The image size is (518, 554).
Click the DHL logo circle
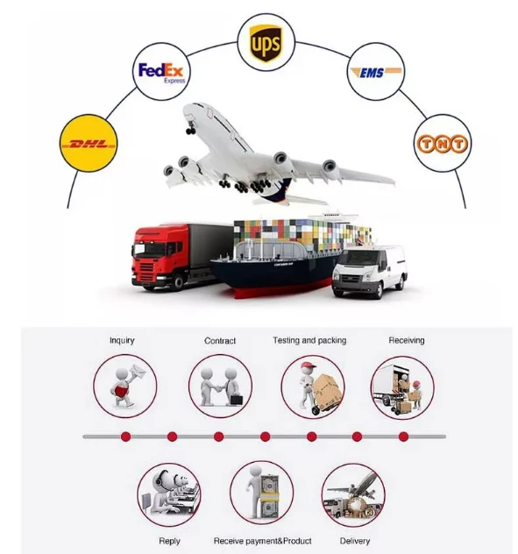[x=89, y=143]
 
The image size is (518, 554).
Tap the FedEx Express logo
[x=161, y=73]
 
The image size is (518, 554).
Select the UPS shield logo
[x=266, y=43]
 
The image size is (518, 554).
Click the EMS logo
[x=376, y=73]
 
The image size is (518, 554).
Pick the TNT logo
[x=443, y=144]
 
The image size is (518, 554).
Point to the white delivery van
[x=369, y=272]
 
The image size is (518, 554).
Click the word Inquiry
[x=122, y=340]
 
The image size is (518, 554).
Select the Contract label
[x=220, y=341]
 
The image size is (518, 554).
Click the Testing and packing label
[x=309, y=340]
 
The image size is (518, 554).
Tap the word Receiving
[x=407, y=340]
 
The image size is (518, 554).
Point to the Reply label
[x=170, y=541]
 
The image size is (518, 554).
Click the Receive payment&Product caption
[x=263, y=541]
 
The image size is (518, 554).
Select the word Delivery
[x=355, y=541]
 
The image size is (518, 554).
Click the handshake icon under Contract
[x=220, y=387]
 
